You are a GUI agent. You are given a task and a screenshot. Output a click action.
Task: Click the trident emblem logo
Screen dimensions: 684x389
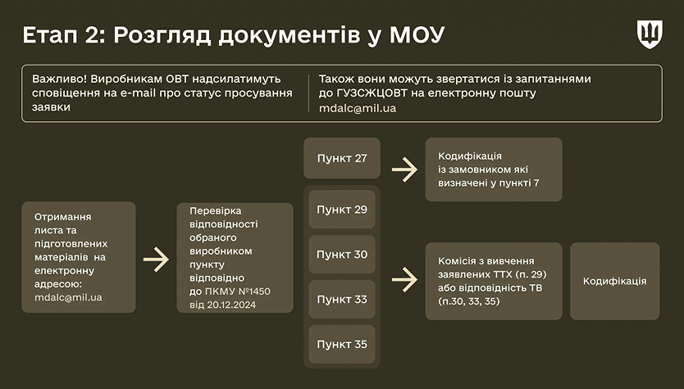tap(650, 34)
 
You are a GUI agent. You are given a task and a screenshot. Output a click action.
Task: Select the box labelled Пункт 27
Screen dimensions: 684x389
tap(342, 158)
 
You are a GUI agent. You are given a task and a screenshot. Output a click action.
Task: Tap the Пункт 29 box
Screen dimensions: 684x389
tap(342, 210)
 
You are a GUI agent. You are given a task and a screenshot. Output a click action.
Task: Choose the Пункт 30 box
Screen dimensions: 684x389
tap(342, 255)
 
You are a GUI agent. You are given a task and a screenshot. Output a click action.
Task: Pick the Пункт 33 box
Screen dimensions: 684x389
tap(342, 299)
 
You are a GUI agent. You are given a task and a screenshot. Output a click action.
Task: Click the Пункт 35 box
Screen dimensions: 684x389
tap(342, 344)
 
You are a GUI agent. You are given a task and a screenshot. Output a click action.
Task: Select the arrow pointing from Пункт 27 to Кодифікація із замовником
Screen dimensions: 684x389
tap(405, 170)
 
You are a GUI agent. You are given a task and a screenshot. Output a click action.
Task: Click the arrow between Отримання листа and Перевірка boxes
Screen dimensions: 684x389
tap(156, 260)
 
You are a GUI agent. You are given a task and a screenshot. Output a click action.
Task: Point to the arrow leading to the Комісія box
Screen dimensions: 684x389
tap(405, 279)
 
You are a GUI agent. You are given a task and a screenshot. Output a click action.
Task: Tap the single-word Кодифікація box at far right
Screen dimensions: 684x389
tap(614, 281)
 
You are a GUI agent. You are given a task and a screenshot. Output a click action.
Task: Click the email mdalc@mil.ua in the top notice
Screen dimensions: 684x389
tap(358, 108)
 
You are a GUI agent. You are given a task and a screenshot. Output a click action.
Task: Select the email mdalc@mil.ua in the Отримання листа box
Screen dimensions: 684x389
tap(68, 297)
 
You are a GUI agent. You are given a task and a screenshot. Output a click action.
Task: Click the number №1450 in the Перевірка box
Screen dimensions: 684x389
tap(254, 292)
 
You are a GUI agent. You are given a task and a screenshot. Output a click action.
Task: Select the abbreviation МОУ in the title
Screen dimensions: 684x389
tap(417, 35)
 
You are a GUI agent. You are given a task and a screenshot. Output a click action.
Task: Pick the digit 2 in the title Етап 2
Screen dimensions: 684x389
tap(92, 35)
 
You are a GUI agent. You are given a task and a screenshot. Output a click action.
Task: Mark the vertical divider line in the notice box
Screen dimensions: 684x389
tap(309, 93)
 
